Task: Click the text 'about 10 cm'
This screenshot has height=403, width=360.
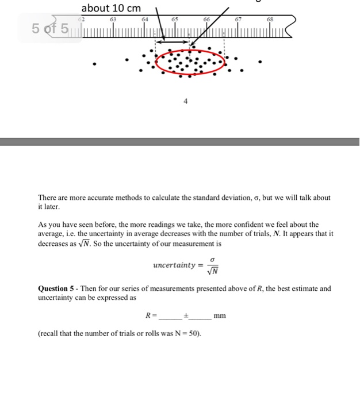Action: coord(111,9)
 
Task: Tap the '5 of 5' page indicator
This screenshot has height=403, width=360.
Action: coord(50,28)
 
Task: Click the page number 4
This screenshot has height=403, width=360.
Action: coord(185,101)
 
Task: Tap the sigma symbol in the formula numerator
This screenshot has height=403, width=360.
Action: coord(212,260)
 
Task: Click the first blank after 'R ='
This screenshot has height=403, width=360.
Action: coord(169,316)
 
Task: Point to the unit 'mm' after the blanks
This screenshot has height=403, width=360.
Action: coord(219,315)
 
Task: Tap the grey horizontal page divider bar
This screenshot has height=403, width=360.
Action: coord(179,141)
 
